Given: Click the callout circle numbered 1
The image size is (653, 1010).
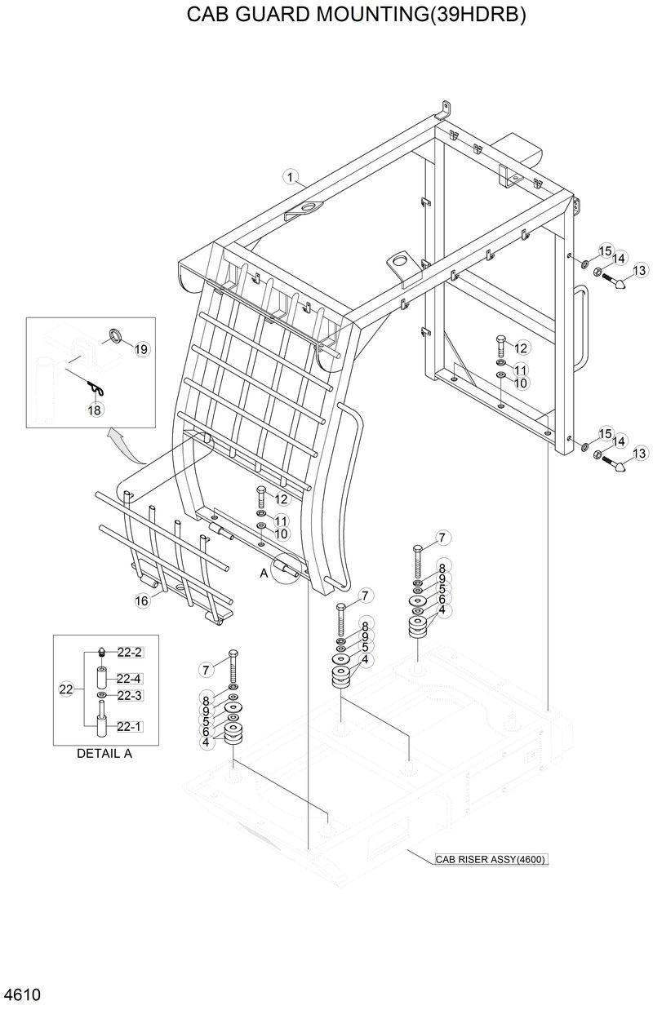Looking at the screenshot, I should pos(290,176).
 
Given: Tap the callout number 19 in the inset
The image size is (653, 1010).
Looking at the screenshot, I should pos(141,349).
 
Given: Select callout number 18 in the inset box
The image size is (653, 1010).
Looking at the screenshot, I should pos(96,411).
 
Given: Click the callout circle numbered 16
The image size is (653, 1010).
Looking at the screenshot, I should pos(143,601).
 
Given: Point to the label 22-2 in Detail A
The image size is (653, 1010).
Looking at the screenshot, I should pos(130,652).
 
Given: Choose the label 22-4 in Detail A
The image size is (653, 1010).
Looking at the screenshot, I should pos(130,678).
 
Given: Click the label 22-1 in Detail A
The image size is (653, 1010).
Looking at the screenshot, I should pos(130,726).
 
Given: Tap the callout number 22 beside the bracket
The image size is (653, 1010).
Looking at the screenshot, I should pos(67,689).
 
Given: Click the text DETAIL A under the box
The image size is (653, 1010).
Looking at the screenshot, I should pos(104,753).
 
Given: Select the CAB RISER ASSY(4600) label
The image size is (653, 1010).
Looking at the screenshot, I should pos(490,859).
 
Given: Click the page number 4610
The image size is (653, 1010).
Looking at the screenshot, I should pos(22,996).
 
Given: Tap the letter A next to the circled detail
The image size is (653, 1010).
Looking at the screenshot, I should pos(264,573).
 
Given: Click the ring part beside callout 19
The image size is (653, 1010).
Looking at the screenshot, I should pos(116,334).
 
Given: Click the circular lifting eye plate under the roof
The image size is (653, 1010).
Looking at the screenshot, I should pos(399,261).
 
